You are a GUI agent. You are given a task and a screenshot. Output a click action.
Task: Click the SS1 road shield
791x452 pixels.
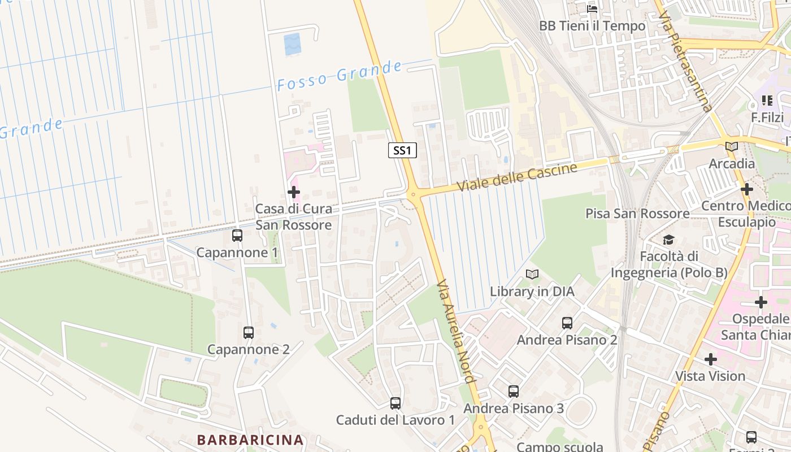403,150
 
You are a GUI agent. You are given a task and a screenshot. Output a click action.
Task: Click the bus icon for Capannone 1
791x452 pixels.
237,236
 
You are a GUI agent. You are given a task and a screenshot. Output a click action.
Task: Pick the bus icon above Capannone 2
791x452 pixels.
249,332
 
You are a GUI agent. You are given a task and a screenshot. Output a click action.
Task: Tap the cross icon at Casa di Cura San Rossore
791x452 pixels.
294,192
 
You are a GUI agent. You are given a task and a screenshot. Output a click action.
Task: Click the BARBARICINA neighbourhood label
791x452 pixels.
250,440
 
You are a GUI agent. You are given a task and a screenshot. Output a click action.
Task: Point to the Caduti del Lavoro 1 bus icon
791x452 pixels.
395,403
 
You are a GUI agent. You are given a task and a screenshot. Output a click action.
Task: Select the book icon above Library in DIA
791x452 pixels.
532,275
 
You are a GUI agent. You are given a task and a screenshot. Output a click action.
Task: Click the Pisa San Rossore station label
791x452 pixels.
637,214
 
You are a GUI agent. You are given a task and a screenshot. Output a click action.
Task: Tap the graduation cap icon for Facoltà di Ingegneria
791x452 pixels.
669,240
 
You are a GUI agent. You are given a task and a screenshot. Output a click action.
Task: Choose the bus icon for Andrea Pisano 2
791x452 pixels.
567,323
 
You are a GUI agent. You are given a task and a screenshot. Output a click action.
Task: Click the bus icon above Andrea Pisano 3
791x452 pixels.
514,391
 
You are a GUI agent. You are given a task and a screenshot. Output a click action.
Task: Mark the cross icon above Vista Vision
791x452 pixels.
711,359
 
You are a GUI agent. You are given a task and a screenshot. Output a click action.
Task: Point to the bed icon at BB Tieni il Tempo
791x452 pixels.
592,9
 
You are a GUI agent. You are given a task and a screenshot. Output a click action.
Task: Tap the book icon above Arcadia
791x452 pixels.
732,147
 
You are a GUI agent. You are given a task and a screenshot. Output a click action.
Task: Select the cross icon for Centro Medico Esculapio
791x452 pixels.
747,189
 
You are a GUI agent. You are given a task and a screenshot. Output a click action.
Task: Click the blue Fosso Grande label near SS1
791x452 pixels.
339,76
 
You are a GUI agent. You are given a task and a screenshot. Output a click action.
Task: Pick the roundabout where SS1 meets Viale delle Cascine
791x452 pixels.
414,195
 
